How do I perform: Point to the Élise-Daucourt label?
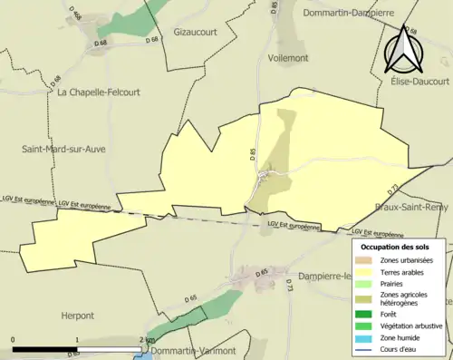tap(413, 82)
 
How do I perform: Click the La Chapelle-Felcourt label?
tap(99, 92)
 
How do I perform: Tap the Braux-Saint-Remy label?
tap(413, 208)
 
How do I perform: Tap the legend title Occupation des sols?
tap(398, 247)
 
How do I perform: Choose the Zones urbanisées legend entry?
tap(407, 260)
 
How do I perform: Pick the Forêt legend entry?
tap(391, 315)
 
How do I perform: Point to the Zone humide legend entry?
tap(401, 337)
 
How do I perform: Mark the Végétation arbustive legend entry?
tap(413, 326)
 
